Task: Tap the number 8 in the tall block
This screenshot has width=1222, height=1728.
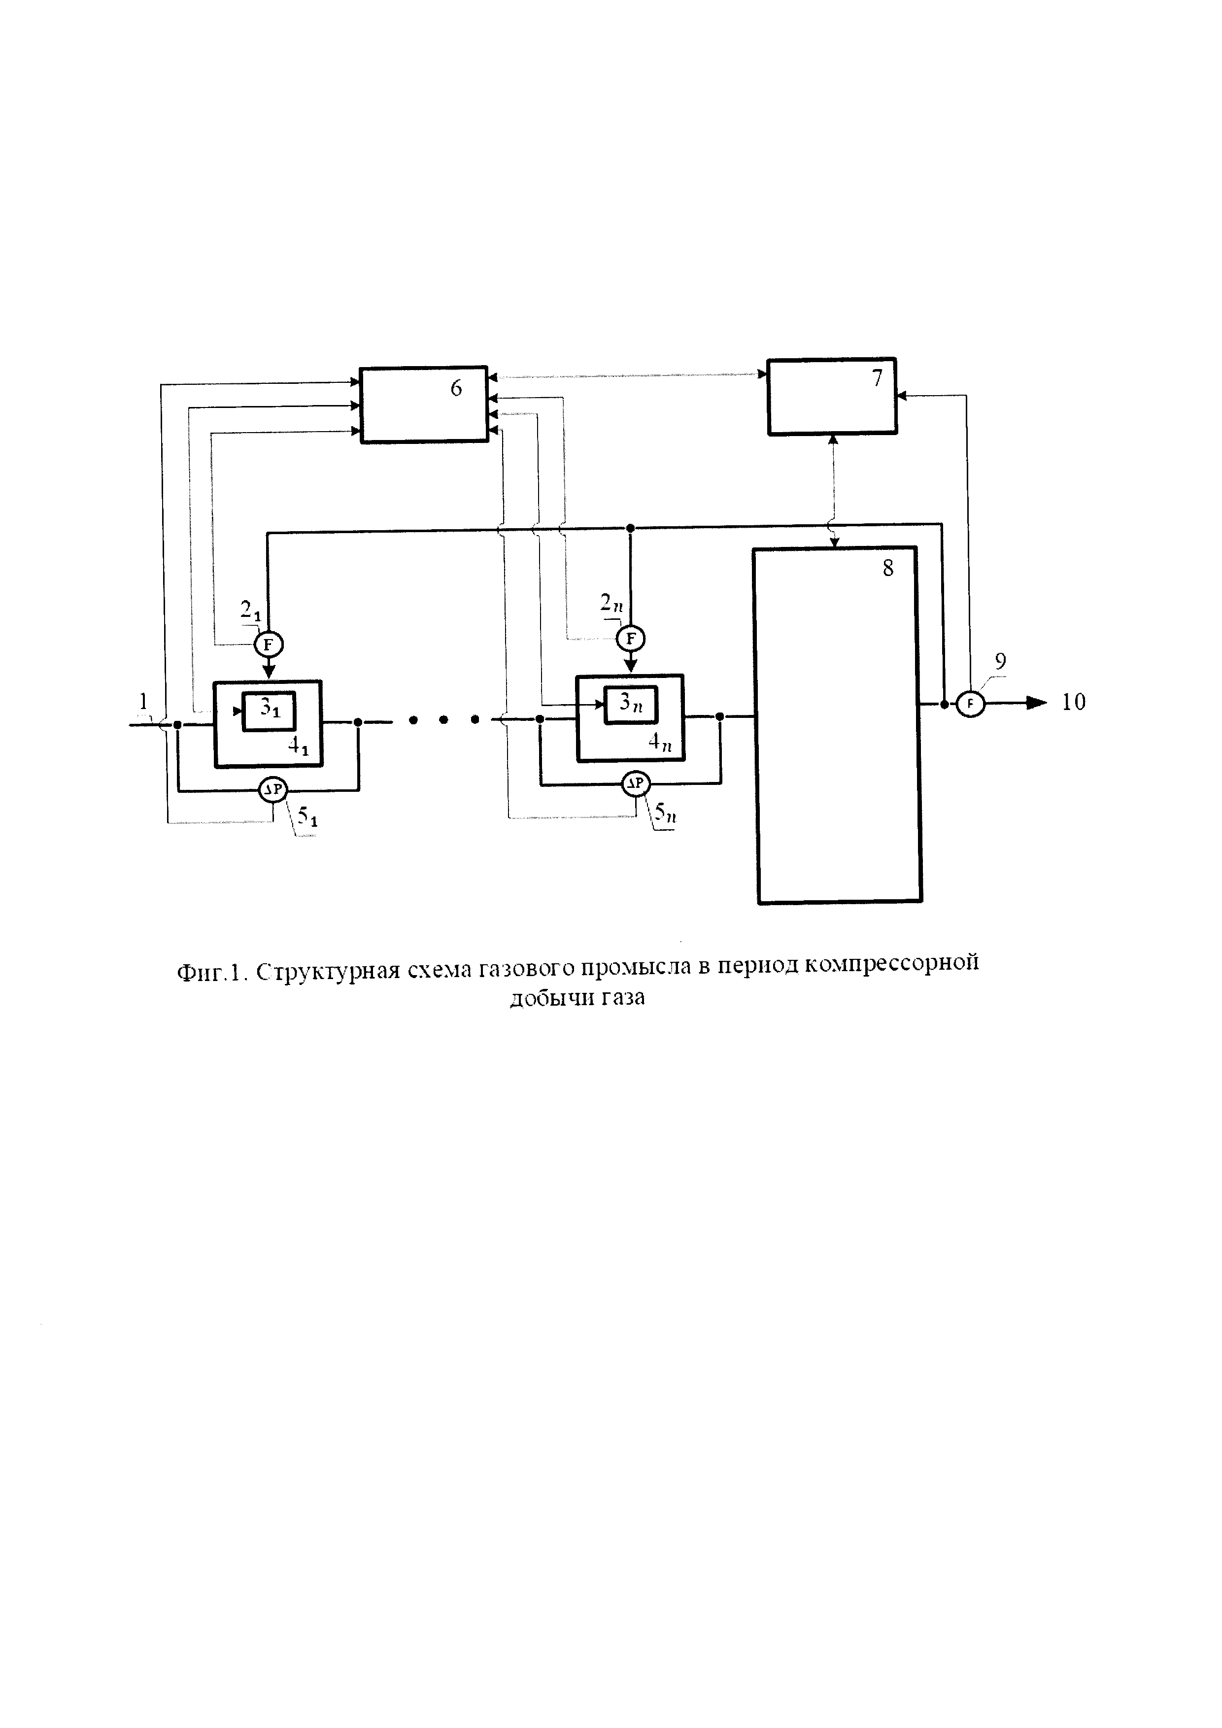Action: click(x=888, y=568)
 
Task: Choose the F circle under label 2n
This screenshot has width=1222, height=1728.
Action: click(x=631, y=639)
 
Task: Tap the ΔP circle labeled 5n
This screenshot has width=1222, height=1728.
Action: click(x=635, y=784)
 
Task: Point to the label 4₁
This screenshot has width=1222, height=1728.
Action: click(x=299, y=747)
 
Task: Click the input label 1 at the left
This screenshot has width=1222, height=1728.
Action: click(x=143, y=702)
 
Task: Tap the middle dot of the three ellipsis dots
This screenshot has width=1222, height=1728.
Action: click(x=444, y=720)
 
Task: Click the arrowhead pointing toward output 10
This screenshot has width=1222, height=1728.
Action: click(x=1037, y=703)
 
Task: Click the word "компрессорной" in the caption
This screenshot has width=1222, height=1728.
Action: click(x=892, y=964)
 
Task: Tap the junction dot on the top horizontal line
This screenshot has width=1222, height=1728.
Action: click(x=631, y=528)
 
